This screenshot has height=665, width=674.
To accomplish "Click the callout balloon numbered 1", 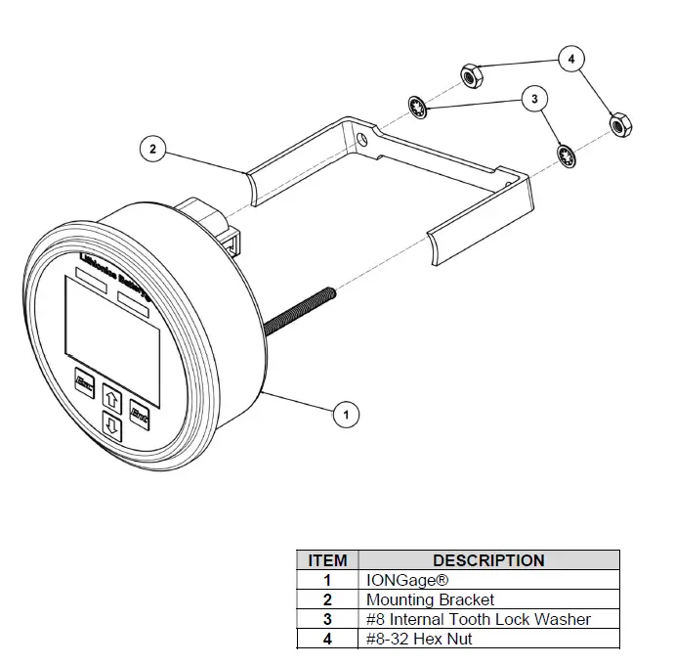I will (x=343, y=415).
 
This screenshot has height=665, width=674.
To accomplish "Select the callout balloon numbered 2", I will (x=152, y=150).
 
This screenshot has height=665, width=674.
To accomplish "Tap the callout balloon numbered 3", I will (x=533, y=99).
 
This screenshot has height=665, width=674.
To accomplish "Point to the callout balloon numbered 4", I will (x=572, y=59).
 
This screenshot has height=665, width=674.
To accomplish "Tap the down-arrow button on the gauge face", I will (x=111, y=427).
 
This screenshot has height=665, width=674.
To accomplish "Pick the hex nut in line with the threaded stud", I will (x=618, y=125).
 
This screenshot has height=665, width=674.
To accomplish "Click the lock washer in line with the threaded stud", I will (x=565, y=155).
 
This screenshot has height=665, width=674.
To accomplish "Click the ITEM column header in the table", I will (x=327, y=560).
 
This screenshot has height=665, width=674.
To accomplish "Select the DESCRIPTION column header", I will (x=488, y=560).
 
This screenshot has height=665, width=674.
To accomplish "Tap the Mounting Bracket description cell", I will (x=430, y=599).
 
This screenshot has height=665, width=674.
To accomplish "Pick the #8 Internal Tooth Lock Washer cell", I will (x=478, y=619).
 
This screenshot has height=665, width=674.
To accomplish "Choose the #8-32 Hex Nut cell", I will (x=419, y=639).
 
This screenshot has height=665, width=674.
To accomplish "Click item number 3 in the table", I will (x=327, y=619).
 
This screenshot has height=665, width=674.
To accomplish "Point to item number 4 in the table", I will (x=327, y=639).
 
